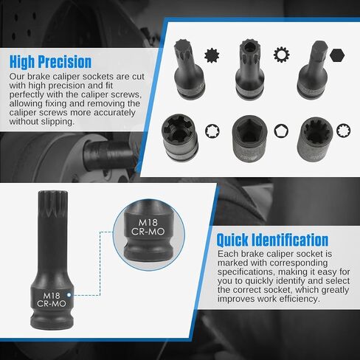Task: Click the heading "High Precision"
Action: tap(50, 62)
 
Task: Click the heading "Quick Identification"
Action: tap(272, 240)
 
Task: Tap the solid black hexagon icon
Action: tap(337, 55)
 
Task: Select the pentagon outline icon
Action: tap(281, 131)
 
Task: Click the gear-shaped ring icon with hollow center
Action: tap(281, 55)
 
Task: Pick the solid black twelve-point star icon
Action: tap(212, 55)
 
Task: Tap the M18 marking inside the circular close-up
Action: tap(148, 223)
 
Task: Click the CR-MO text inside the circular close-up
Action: tap(148, 232)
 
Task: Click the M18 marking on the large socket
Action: tap(52, 296)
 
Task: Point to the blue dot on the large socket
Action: tap(69, 294)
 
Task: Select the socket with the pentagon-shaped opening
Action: tap(250, 139)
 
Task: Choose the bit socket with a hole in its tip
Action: tap(250, 69)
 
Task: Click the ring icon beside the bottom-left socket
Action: tap(212, 131)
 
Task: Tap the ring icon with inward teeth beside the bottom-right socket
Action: tap(344, 130)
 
